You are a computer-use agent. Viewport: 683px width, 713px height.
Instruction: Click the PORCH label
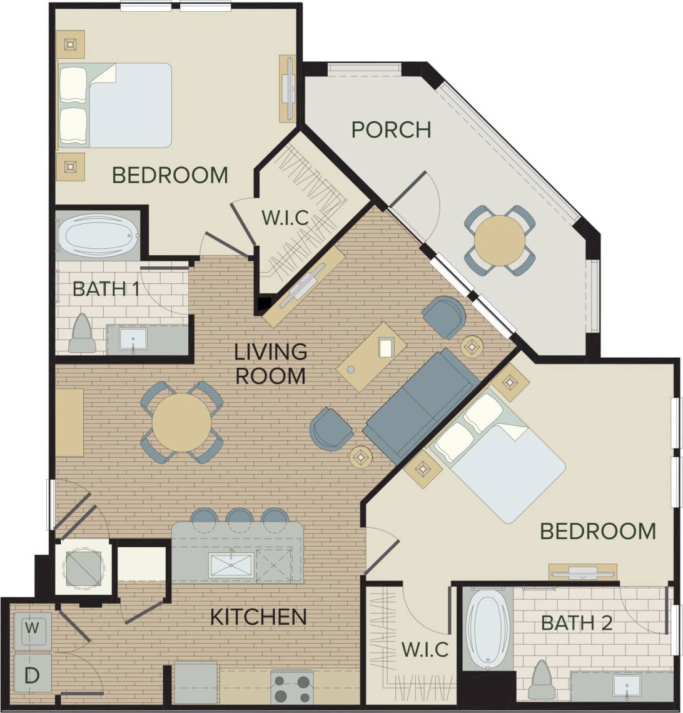(x=391, y=129)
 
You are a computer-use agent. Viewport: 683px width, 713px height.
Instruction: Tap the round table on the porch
(x=499, y=240)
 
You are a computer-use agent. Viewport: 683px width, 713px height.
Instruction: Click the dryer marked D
(x=33, y=675)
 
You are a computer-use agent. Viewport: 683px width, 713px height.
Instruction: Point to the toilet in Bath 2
(x=542, y=682)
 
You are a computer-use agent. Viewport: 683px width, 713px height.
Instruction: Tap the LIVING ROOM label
(x=270, y=363)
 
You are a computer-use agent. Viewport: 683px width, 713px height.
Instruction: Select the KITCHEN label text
(x=258, y=617)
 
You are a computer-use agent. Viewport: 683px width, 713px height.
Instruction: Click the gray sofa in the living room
(x=423, y=405)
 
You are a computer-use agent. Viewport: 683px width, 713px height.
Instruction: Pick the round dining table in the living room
(x=181, y=422)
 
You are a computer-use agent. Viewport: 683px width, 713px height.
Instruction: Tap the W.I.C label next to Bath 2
(x=425, y=649)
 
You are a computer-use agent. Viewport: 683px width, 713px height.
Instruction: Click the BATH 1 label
(x=106, y=289)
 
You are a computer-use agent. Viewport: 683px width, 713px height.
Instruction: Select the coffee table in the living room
(x=372, y=356)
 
